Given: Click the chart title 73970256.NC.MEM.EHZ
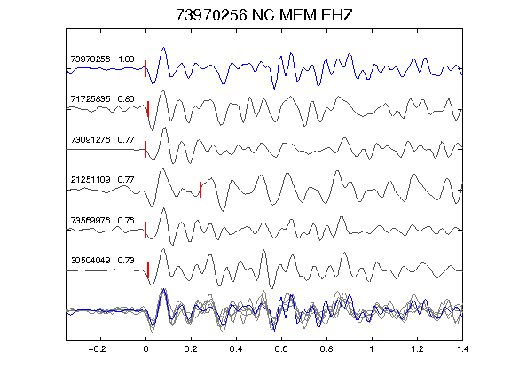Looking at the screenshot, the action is pyautogui.click(x=264, y=15).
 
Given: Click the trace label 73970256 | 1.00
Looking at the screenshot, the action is pyautogui.click(x=102, y=59).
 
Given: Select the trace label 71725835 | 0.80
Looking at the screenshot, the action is pyautogui.click(x=102, y=99).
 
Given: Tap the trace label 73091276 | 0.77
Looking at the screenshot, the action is pyautogui.click(x=102, y=140).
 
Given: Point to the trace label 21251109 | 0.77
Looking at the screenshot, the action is pyautogui.click(x=102, y=180).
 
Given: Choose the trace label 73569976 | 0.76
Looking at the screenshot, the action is pyautogui.click(x=102, y=221).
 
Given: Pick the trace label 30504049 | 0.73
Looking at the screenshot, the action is pyautogui.click(x=102, y=261).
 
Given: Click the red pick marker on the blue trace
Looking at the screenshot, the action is pyautogui.click(x=145, y=68).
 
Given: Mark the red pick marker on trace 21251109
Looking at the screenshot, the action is pyautogui.click(x=200, y=190).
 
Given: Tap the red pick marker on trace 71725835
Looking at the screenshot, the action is pyautogui.click(x=148, y=109).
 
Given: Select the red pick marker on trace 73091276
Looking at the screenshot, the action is pyautogui.click(x=145, y=149).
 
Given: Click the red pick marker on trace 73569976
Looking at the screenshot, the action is pyautogui.click(x=145, y=230).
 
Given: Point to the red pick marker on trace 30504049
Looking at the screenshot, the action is pyautogui.click(x=148, y=270).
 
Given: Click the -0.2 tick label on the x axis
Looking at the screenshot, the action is pyautogui.click(x=98, y=349).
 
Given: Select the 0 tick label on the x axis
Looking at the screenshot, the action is pyautogui.click(x=145, y=349).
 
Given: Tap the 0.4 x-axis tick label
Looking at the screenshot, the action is pyautogui.click(x=236, y=349).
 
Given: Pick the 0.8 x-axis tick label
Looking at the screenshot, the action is pyautogui.click(x=326, y=349).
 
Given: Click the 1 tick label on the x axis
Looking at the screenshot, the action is pyautogui.click(x=372, y=349).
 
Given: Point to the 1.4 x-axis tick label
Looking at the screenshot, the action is pyautogui.click(x=462, y=349).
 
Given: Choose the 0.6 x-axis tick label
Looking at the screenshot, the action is pyautogui.click(x=281, y=349).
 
